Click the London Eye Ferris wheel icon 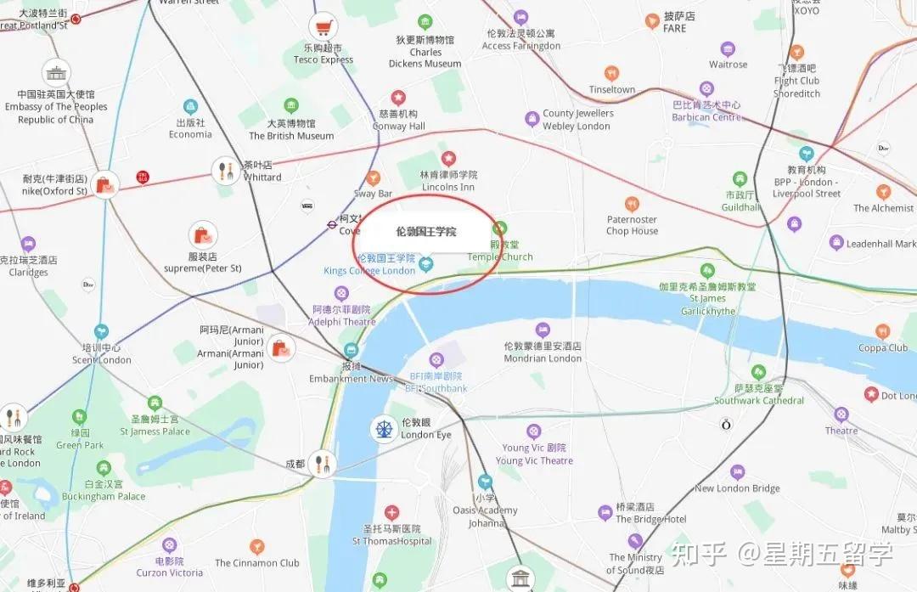384,428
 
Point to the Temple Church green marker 500,228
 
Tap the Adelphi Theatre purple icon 342,294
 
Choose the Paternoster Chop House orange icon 632,204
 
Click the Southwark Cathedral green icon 758,372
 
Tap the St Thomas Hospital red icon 391,512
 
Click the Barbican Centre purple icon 706,89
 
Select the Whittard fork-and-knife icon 226,171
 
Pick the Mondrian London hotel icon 542,330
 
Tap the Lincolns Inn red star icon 448,158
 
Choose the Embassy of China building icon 56,73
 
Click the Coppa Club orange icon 883,332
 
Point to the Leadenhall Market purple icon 836,244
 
